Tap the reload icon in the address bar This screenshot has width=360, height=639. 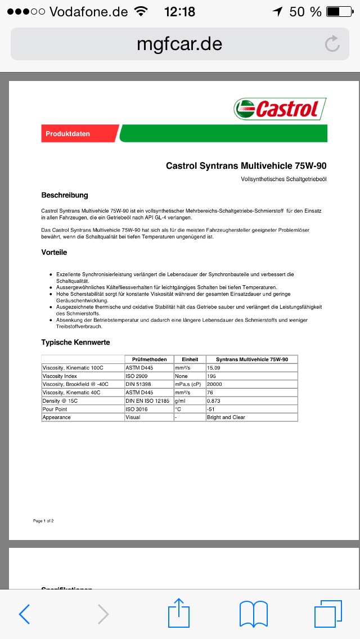[x=332, y=44]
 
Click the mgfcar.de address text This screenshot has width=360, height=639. [x=179, y=43]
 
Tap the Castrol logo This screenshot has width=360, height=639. [x=280, y=109]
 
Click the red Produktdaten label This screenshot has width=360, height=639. [x=68, y=134]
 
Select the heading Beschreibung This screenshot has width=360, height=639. [x=65, y=195]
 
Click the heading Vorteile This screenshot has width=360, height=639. [x=54, y=253]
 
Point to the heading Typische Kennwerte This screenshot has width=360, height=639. [x=75, y=342]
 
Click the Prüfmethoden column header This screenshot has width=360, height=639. [x=149, y=359]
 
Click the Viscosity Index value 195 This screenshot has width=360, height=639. [x=212, y=376]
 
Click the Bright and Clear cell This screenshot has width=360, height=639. [x=226, y=417]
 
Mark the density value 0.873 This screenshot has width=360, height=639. [x=214, y=400]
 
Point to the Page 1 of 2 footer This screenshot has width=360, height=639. [x=43, y=521]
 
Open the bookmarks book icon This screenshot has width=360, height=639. [x=253, y=614]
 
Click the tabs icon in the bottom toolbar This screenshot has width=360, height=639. [x=327, y=614]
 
